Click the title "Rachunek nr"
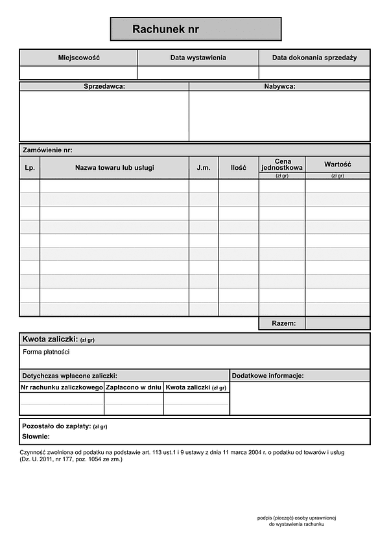[x=165, y=29]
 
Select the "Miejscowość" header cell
[x=78, y=58]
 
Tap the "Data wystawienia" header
[x=198, y=58]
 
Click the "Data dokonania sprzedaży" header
[x=314, y=58]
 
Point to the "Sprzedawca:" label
[x=104, y=86]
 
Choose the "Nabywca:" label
[x=279, y=86]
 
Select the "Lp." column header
[x=30, y=168]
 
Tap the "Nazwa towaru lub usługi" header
[x=115, y=168]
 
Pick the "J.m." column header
[x=204, y=168]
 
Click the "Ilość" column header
[x=238, y=168]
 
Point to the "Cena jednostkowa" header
[x=282, y=165]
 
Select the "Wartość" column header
[x=337, y=165]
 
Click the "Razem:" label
[x=283, y=323]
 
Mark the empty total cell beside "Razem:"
[x=337, y=323]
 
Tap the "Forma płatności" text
[x=46, y=352]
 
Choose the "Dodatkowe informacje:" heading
[x=268, y=376]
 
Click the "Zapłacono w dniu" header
[x=134, y=387]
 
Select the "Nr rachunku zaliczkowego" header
[x=62, y=387]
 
